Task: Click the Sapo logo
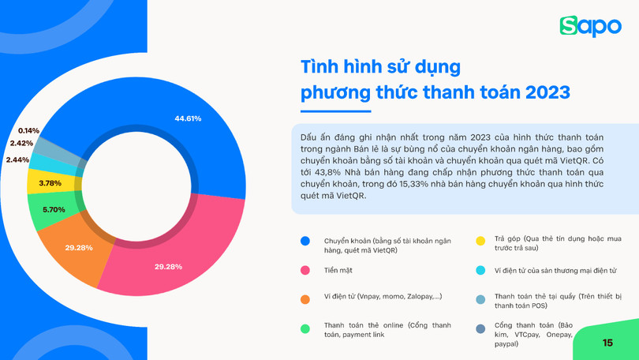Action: [x=590, y=26]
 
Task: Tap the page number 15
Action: [x=607, y=343]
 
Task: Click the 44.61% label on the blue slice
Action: [x=188, y=118]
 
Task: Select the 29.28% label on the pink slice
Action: [x=168, y=267]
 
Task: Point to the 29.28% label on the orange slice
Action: [x=79, y=248]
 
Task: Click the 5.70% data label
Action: [x=54, y=210]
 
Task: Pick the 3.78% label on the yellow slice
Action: [x=50, y=183]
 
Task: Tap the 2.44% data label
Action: [x=17, y=160]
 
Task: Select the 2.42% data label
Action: [x=21, y=144]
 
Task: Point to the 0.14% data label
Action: [x=28, y=131]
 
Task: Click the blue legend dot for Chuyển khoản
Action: [x=305, y=241]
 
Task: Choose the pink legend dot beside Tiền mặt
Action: [x=305, y=270]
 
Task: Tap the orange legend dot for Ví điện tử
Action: [x=305, y=299]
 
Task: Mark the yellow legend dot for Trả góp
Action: [x=480, y=241]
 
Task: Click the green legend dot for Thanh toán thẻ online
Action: [x=305, y=328]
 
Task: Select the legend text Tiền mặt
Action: [x=338, y=270]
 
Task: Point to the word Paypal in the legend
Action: [x=507, y=344]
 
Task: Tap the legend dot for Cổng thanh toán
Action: [x=480, y=328]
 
